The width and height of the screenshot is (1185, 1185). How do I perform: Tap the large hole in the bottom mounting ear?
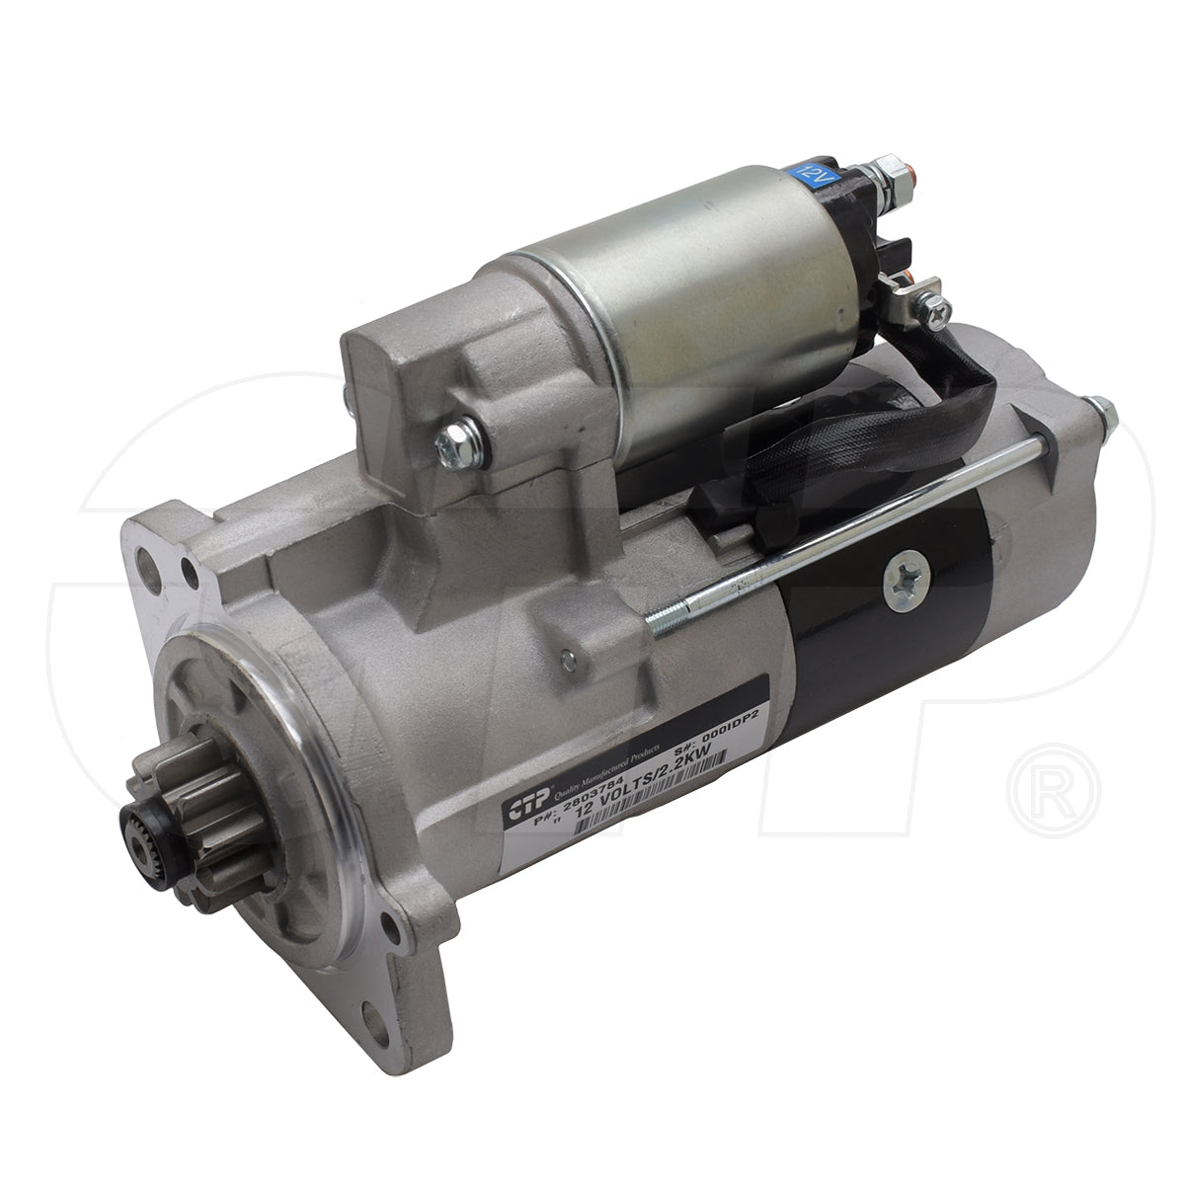click(x=381, y=1066)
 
